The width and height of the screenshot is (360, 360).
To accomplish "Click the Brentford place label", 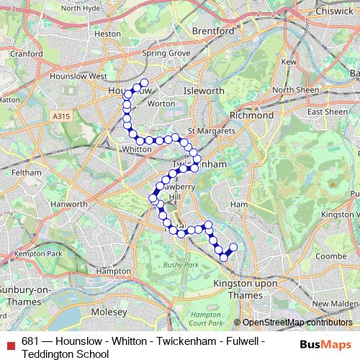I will point(214,32).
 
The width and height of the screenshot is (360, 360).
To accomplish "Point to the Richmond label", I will point(251,115).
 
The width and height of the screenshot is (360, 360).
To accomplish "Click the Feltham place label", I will point(25,173).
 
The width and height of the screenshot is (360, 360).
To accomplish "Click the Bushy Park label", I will point(180,265).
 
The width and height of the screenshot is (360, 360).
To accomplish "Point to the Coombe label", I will point(330,255).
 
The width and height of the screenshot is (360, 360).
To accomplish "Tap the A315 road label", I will point(62,114).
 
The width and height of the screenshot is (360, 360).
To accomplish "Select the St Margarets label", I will point(211,131).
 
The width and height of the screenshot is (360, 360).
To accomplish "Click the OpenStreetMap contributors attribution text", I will point(296,323).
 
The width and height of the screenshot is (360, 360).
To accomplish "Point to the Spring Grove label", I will point(166,53).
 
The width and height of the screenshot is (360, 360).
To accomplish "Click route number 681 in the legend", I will point(30,342).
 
